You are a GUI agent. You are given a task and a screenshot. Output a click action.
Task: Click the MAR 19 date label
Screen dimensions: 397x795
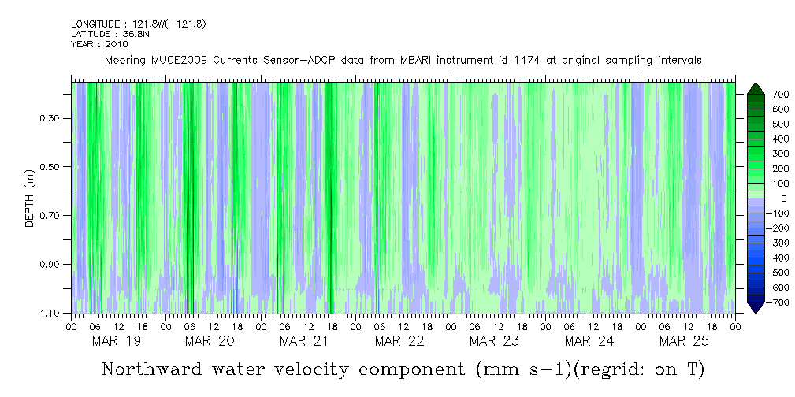117,341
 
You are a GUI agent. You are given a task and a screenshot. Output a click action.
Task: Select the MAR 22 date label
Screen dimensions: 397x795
399,341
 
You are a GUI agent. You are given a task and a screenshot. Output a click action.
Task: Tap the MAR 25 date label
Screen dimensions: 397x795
683,341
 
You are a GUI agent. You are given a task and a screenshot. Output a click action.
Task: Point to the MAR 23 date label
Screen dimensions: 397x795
494,341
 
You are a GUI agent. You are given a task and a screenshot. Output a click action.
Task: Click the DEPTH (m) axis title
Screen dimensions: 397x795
29,198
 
